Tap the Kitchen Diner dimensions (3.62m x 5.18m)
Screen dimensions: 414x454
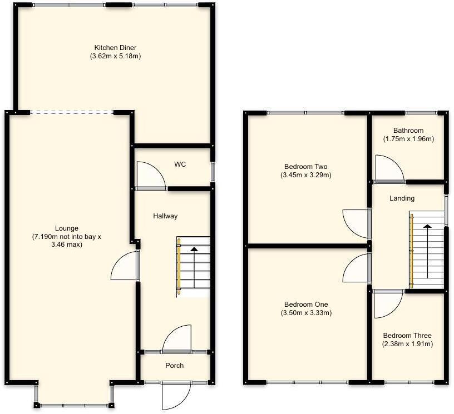115,56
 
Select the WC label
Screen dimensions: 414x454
180,164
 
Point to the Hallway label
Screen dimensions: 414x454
165,216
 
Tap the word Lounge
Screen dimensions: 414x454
66,228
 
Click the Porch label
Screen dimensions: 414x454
174,365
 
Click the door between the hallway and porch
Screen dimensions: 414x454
177,339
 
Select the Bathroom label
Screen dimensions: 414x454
408,131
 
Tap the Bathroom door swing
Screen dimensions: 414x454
389,169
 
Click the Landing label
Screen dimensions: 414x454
402,198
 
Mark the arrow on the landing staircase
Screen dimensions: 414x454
427,250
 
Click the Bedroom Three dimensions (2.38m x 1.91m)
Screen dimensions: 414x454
407,344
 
